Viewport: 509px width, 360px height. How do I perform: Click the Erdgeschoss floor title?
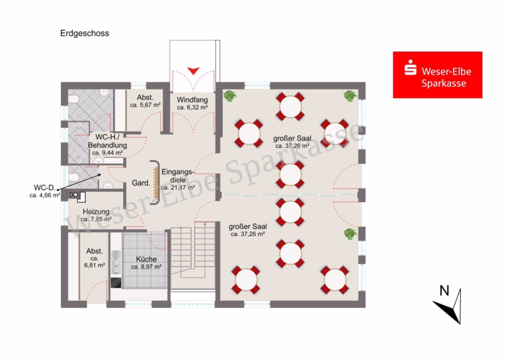click(84, 33)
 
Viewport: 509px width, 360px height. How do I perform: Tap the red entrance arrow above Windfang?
click(193, 71)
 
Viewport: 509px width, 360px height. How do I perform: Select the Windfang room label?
click(192, 100)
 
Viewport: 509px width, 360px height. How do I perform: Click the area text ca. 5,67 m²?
click(145, 105)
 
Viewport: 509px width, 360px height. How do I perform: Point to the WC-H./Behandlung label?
click(107, 141)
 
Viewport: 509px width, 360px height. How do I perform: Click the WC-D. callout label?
click(45, 187)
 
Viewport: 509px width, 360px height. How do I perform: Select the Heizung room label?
click(96, 212)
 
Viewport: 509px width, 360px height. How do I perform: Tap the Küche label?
click(146, 259)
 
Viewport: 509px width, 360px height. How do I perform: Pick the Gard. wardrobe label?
click(141, 183)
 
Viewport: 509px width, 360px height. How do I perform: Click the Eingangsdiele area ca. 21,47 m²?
click(178, 187)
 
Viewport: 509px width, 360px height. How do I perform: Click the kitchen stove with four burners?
click(116, 282)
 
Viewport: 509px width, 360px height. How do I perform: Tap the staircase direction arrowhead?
click(205, 224)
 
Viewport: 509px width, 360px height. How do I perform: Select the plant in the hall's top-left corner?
click(230, 96)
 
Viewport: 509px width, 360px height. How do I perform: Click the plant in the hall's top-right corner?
click(350, 96)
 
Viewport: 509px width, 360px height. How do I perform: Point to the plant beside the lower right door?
click(350, 234)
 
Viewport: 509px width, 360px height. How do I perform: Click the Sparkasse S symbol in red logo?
click(411, 67)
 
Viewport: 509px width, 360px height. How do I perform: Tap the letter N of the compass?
click(444, 290)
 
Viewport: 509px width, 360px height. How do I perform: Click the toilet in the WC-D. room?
click(74, 177)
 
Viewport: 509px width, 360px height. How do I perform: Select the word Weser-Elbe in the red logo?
click(446, 71)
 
